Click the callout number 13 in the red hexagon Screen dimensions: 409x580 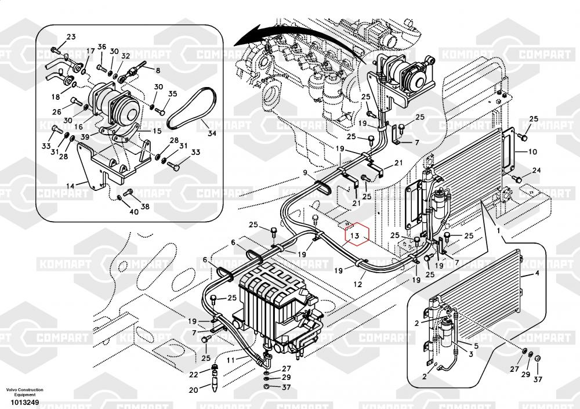click(x=355, y=236)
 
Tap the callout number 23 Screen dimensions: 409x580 click(x=71, y=37)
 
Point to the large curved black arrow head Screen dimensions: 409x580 click(x=244, y=39)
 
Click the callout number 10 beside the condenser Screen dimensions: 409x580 click(x=532, y=152)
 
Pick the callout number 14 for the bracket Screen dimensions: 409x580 click(x=70, y=186)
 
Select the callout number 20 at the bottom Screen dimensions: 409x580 click(x=193, y=389)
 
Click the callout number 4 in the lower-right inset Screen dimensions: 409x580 click(x=536, y=273)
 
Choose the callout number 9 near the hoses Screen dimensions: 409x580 click(x=304, y=173)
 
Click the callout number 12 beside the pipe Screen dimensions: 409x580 click(x=358, y=284)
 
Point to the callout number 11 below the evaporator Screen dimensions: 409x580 click(x=230, y=360)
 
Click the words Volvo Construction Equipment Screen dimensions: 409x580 click(x=24, y=392)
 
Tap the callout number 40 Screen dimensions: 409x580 click(x=134, y=211)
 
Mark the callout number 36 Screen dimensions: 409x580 click(x=101, y=46)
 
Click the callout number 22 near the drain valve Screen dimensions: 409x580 click(x=193, y=374)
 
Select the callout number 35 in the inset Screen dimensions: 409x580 click(x=172, y=94)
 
